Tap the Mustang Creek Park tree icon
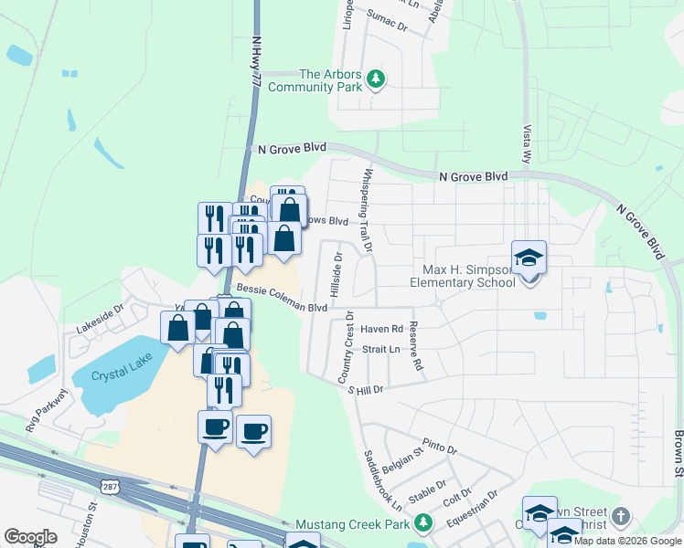click(x=422, y=523)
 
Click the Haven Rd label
click(x=381, y=329)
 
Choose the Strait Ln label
click(x=381, y=349)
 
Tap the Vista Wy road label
click(x=528, y=143)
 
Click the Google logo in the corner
click(x=30, y=537)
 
